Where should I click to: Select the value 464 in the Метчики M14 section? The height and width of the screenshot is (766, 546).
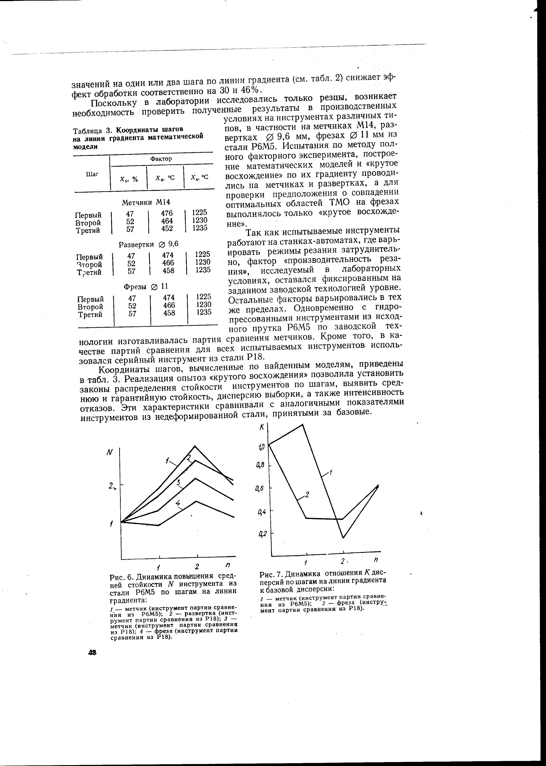pyautogui.click(x=167, y=221)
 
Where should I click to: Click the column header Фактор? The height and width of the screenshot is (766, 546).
pyautogui.click(x=161, y=158)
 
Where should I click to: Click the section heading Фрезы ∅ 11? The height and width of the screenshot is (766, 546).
pyautogui.click(x=145, y=286)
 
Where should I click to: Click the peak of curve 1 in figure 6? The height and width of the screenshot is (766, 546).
pyautogui.click(x=195, y=446)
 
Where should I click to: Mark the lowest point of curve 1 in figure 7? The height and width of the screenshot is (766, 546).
pyautogui.click(x=343, y=538)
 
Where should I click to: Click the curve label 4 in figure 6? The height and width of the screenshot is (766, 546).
pyautogui.click(x=178, y=503)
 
